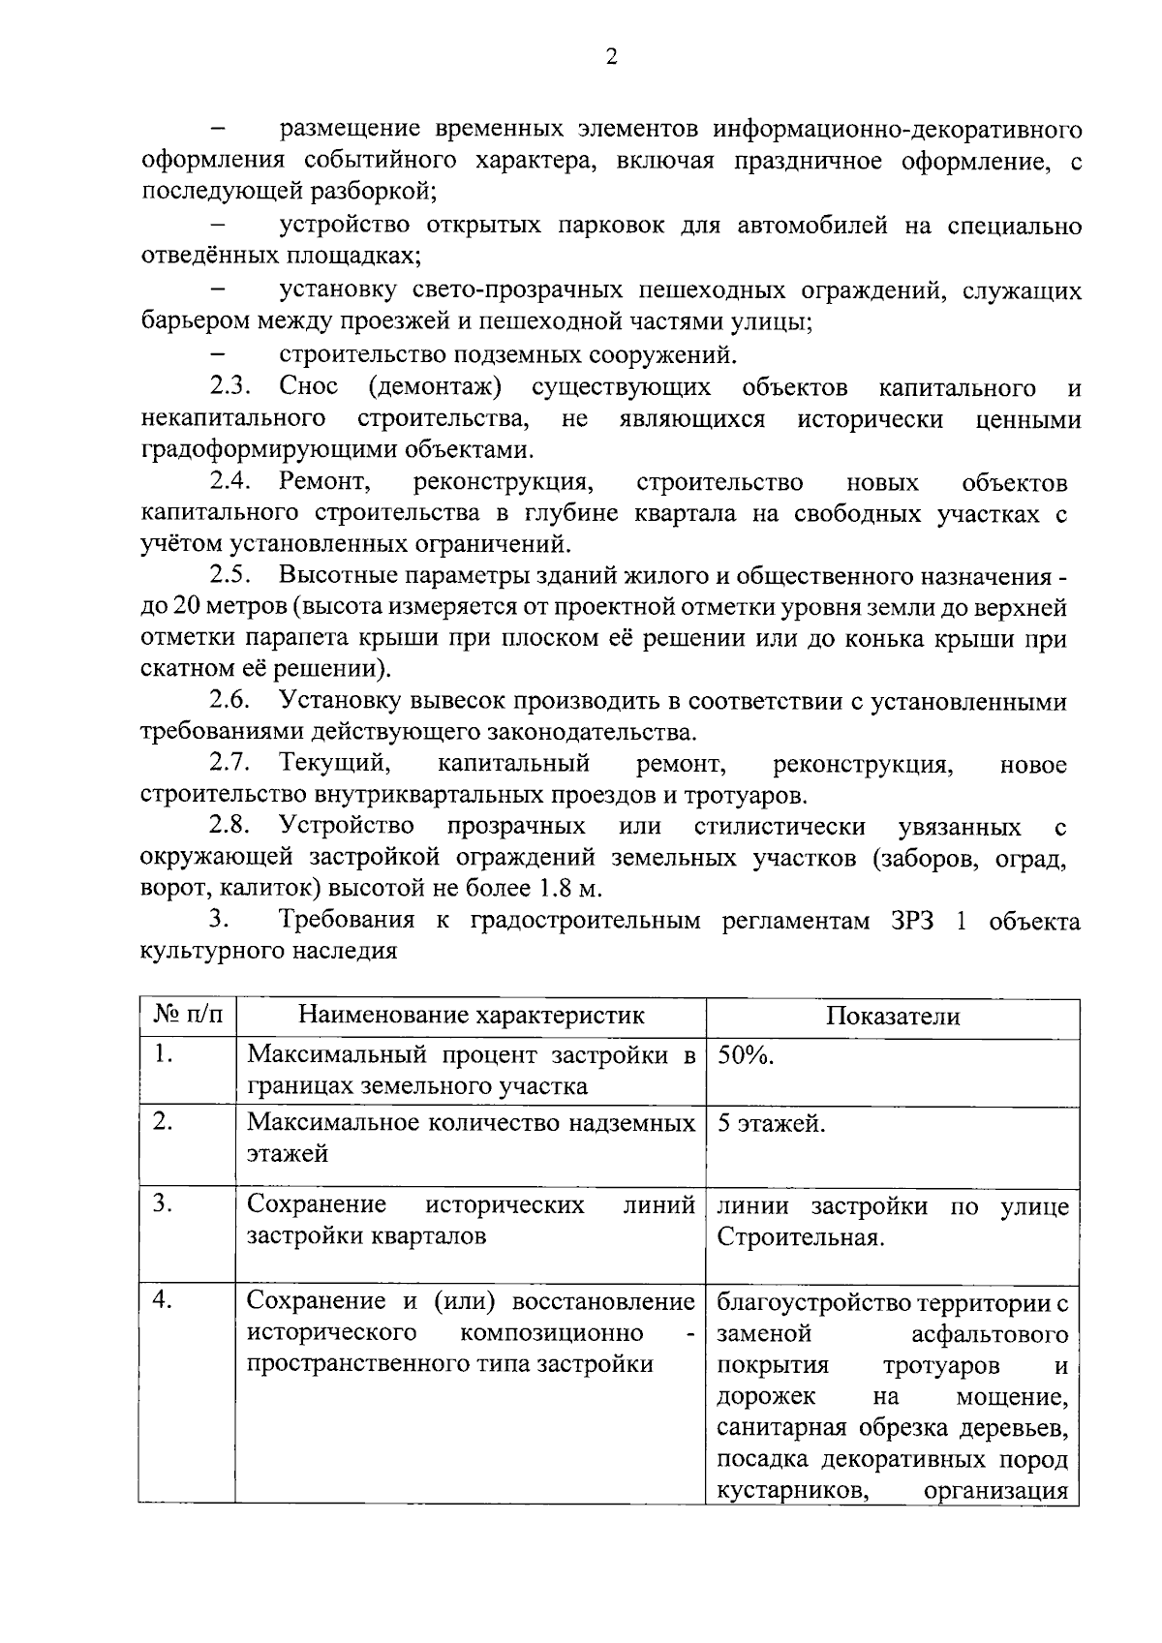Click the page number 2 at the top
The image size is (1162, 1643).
tap(610, 57)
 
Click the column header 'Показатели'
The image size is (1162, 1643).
tap(893, 1016)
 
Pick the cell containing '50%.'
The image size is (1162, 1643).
tap(746, 1055)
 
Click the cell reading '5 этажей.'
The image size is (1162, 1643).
tap(771, 1124)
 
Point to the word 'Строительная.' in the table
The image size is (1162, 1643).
tap(800, 1237)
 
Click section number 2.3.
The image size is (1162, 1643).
tap(230, 388)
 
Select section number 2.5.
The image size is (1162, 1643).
tap(230, 576)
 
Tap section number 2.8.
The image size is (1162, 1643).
tap(230, 827)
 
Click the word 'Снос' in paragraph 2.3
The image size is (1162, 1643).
tap(309, 388)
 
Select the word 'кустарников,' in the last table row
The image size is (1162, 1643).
tap(790, 1491)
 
